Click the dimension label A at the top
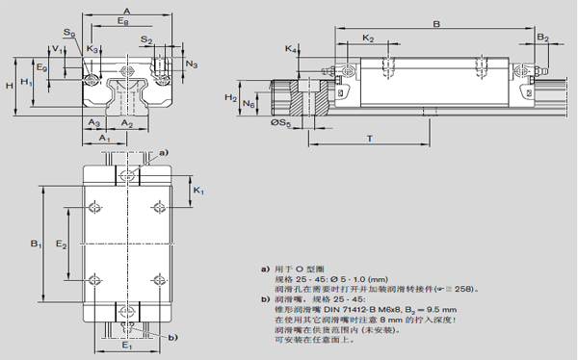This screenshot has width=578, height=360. (x=127, y=9)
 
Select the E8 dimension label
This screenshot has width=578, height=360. (x=123, y=21)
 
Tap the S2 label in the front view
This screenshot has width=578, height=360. (x=145, y=39)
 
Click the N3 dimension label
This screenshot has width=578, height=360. (x=192, y=64)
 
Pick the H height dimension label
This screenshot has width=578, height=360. (x=9, y=86)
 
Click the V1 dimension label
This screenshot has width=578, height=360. (x=57, y=48)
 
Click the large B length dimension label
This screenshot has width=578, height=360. (x=435, y=23)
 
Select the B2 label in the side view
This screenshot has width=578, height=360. (x=542, y=38)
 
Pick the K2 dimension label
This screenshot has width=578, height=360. (x=368, y=38)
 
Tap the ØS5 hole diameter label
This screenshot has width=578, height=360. (x=279, y=123)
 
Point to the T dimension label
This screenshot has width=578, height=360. (x=370, y=139)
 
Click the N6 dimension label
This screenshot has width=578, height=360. (x=250, y=103)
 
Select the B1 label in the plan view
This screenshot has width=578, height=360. (x=35, y=245)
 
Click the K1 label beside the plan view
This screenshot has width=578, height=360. (x=197, y=192)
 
